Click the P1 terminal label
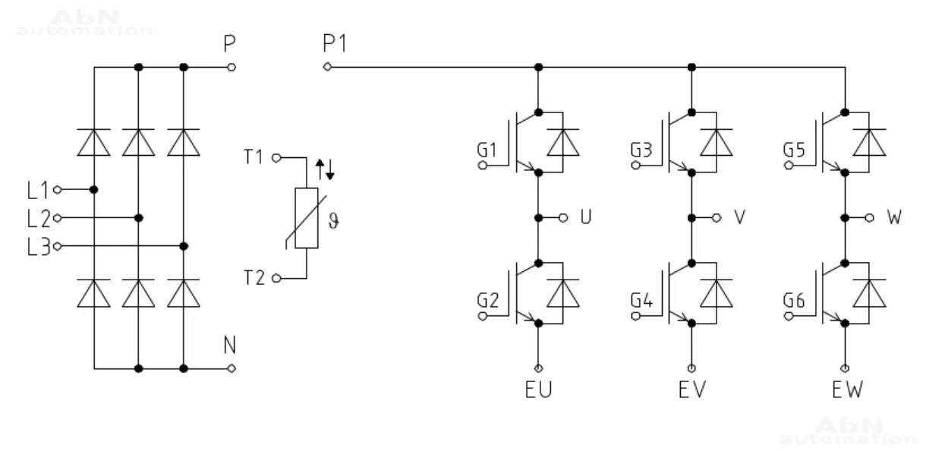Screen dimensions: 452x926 click(334, 44)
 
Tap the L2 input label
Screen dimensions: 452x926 click(37, 219)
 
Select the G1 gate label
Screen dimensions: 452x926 click(487, 150)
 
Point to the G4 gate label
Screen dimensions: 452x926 click(641, 301)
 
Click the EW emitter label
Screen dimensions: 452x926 click(846, 390)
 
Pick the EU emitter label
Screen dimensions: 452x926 click(538, 390)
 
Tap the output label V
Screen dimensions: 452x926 click(739, 218)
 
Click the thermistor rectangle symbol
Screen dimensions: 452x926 click(307, 218)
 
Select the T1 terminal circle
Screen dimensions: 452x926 click(276, 158)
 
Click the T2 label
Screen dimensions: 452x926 click(254, 279)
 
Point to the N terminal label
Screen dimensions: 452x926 click(229, 346)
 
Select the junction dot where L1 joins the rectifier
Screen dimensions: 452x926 click(93, 189)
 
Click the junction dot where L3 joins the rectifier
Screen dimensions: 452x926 click(184, 246)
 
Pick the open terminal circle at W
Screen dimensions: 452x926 click(869, 218)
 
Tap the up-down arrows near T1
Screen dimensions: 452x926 click(325, 169)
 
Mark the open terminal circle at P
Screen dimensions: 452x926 click(231, 67)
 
